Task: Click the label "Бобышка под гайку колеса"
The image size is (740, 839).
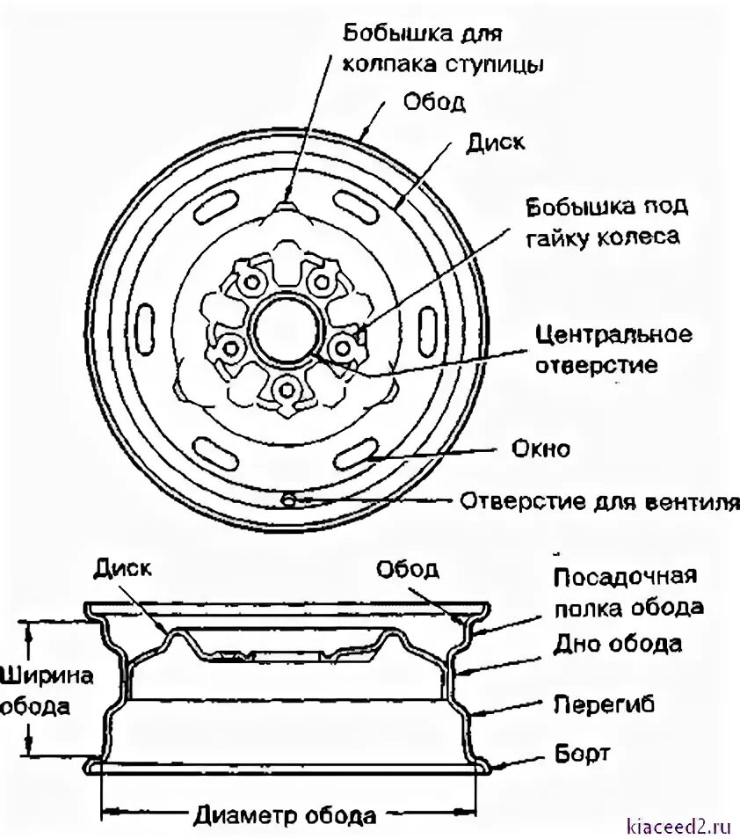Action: pyautogui.click(x=606, y=222)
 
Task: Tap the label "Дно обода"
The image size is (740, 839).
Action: pyautogui.click(x=618, y=643)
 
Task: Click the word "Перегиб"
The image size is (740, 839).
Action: pyautogui.click(x=605, y=704)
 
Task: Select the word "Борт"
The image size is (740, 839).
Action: pyautogui.click(x=583, y=754)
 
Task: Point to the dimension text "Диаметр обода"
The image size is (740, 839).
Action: pyautogui.click(x=285, y=814)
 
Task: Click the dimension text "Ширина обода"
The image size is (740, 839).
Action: pyautogui.click(x=34, y=691)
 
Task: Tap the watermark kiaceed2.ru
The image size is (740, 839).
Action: pyautogui.click(x=679, y=826)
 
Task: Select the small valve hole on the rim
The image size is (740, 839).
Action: pyautogui.click(x=287, y=500)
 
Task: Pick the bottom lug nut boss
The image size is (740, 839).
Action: pyautogui.click(x=283, y=388)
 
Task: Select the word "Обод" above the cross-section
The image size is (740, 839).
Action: pyautogui.click(x=407, y=569)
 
